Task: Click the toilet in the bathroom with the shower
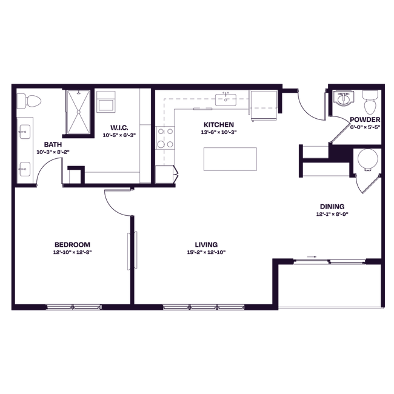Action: [x=30, y=102]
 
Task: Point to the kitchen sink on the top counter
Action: [x=227, y=98]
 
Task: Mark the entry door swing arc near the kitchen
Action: [x=309, y=109]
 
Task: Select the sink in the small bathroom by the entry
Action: [x=344, y=99]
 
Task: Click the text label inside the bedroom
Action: [x=72, y=247]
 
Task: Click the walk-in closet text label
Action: [x=118, y=131]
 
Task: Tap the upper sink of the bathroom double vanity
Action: [x=25, y=130]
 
